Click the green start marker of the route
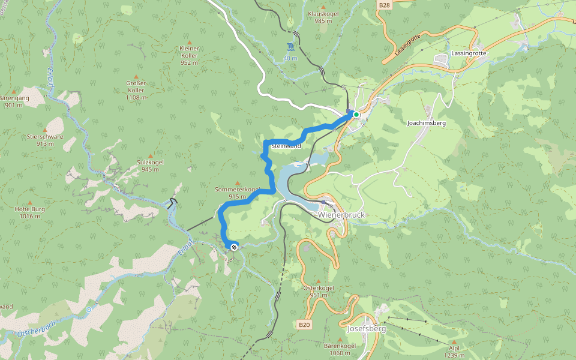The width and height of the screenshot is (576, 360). pyautogui.click(x=356, y=114)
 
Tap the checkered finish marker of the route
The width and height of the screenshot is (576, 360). pyautogui.click(x=233, y=247)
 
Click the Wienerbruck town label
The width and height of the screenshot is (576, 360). pyautogui.click(x=341, y=215)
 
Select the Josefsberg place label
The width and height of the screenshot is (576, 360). pyautogui.click(x=365, y=329)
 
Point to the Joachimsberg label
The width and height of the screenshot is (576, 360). pyautogui.click(x=426, y=122)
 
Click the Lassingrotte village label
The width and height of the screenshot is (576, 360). pyautogui.click(x=470, y=53)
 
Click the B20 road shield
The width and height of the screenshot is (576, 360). pyautogui.click(x=305, y=325)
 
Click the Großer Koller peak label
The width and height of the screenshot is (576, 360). pyautogui.click(x=136, y=91)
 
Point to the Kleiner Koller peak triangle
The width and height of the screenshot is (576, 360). pyautogui.click(x=189, y=40)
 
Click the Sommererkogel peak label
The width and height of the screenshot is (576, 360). pyautogui.click(x=237, y=193)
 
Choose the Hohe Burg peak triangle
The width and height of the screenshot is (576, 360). pyautogui.click(x=30, y=203)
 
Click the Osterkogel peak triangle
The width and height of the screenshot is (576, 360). pyautogui.click(x=318, y=281)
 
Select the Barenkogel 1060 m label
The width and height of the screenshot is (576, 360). pyautogui.click(x=340, y=349)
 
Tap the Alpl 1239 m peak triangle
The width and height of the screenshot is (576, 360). pyautogui.click(x=454, y=341)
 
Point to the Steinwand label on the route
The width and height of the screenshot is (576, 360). pyautogui.click(x=286, y=146)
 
